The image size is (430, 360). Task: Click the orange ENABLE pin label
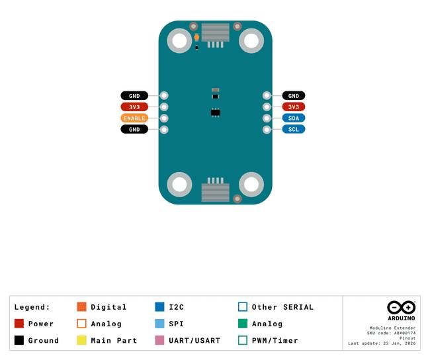click(x=134, y=118)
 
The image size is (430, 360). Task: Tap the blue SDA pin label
click(x=294, y=118)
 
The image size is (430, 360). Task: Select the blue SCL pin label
click(x=294, y=129)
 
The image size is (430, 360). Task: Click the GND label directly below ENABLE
click(x=134, y=129)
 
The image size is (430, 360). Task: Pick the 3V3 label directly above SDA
click(x=294, y=107)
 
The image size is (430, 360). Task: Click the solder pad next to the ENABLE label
click(x=164, y=118)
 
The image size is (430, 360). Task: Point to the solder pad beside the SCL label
click(x=267, y=130)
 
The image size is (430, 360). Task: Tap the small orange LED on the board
click(x=196, y=37)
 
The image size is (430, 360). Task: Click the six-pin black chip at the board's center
click(x=215, y=112)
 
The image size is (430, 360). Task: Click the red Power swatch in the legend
click(x=19, y=324)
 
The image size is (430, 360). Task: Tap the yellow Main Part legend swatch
click(x=82, y=340)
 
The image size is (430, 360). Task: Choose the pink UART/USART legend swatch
click(x=159, y=340)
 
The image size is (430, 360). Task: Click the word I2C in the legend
click(x=177, y=307)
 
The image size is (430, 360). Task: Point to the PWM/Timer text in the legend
click(x=275, y=341)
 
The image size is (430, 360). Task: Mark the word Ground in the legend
click(x=43, y=341)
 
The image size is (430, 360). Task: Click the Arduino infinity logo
click(x=401, y=307)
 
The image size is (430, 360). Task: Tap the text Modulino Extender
click(x=392, y=328)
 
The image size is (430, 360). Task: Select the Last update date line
click(x=382, y=343)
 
